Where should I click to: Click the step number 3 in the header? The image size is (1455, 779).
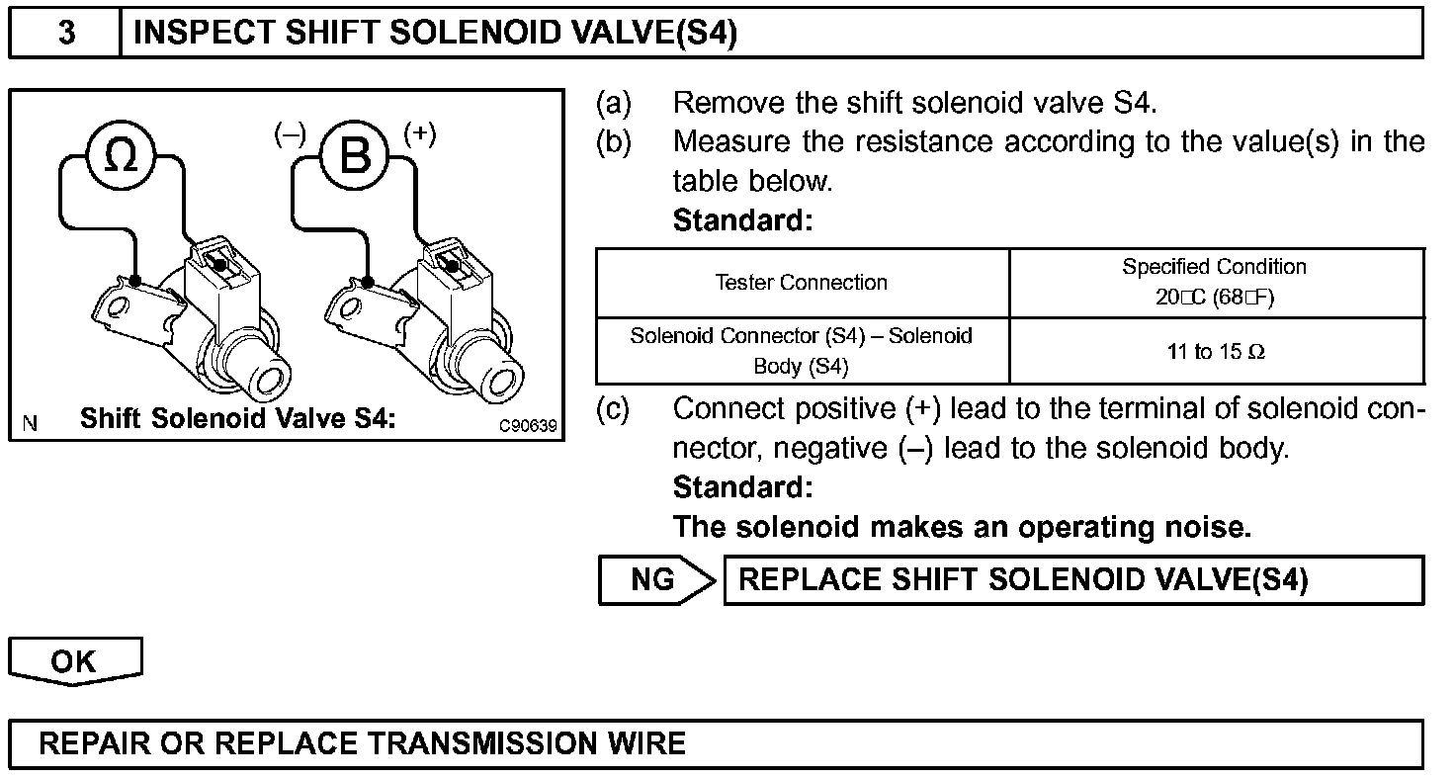[65, 33]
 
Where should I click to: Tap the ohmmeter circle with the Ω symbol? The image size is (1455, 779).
[122, 155]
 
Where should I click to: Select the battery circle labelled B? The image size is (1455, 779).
[355, 155]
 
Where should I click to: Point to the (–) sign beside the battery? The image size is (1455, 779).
[291, 135]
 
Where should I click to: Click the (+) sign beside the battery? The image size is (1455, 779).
[419, 134]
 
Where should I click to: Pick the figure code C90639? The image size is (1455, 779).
[528, 426]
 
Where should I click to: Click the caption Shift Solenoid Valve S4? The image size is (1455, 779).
[237, 418]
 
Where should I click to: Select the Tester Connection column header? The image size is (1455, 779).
[802, 283]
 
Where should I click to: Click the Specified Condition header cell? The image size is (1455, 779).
[1215, 282]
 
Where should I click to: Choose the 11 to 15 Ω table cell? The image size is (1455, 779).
[1215, 352]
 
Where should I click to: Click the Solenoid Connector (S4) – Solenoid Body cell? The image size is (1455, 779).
[802, 351]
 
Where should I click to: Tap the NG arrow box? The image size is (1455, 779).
[654, 580]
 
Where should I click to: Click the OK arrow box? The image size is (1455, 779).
[75, 661]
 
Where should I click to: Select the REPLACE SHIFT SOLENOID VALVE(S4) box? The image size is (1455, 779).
[1073, 580]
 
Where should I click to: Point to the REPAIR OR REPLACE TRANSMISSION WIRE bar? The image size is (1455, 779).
[716, 744]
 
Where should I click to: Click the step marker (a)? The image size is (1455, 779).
[613, 103]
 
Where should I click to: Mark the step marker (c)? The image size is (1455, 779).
[613, 409]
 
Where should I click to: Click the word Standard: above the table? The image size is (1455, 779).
[742, 220]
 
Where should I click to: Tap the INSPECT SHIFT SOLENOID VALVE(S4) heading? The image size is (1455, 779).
[435, 33]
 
